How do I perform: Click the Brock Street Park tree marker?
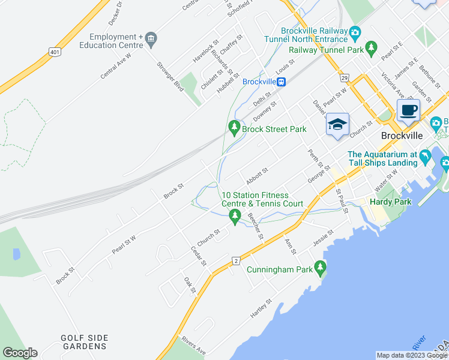234,128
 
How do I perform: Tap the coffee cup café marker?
408,110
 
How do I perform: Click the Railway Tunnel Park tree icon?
372,47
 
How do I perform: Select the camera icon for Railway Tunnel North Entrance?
355,31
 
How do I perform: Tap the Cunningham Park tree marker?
321,267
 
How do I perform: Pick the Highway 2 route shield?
237,260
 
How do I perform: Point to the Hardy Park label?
390,202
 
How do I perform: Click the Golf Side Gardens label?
84,342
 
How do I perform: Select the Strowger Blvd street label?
170,75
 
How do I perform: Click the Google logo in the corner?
20,353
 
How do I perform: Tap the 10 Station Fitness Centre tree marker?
235,216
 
